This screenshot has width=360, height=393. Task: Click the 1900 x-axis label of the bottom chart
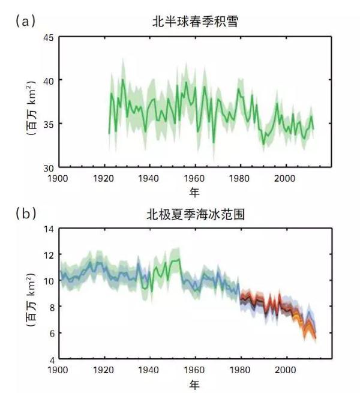point(59,369)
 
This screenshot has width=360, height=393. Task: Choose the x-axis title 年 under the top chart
point(194,192)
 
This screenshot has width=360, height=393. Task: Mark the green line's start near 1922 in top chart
point(109,133)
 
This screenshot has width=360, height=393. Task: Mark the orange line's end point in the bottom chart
point(315,338)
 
